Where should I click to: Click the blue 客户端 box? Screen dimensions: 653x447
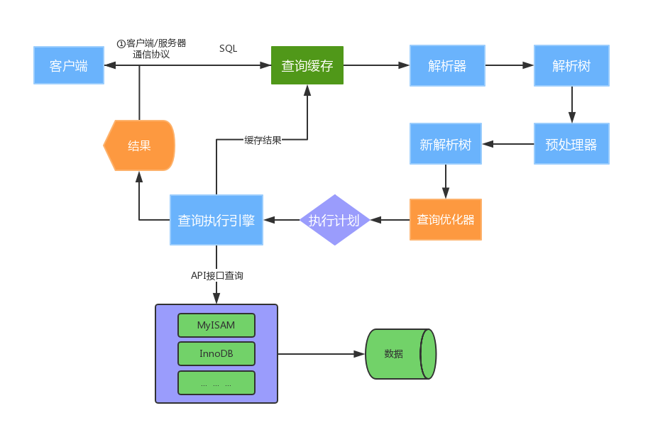[69, 65]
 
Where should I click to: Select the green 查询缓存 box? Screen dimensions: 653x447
[307, 65]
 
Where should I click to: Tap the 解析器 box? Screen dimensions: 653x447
[447, 65]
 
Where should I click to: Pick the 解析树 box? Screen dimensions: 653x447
[571, 65]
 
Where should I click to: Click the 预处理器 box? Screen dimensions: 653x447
[571, 144]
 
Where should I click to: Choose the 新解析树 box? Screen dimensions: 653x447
[446, 144]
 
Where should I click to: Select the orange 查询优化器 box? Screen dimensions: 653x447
[446, 220]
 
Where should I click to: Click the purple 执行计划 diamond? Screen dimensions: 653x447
[334, 220]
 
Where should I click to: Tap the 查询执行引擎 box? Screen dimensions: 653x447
[216, 220]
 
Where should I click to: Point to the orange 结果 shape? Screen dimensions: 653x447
[139, 145]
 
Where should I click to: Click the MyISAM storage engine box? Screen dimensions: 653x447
[216, 325]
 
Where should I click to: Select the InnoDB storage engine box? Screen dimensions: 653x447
[216, 354]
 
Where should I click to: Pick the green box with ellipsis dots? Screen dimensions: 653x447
[216, 382]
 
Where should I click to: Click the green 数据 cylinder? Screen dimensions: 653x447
[400, 354]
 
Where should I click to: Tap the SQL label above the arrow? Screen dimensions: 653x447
[229, 49]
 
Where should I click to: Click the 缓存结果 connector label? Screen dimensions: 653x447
[263, 140]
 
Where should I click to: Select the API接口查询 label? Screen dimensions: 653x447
[217, 275]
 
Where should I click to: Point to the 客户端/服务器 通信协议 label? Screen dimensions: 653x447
[152, 49]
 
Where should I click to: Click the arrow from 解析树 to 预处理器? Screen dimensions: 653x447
[572, 104]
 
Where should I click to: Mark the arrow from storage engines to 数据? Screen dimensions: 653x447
[322, 354]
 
